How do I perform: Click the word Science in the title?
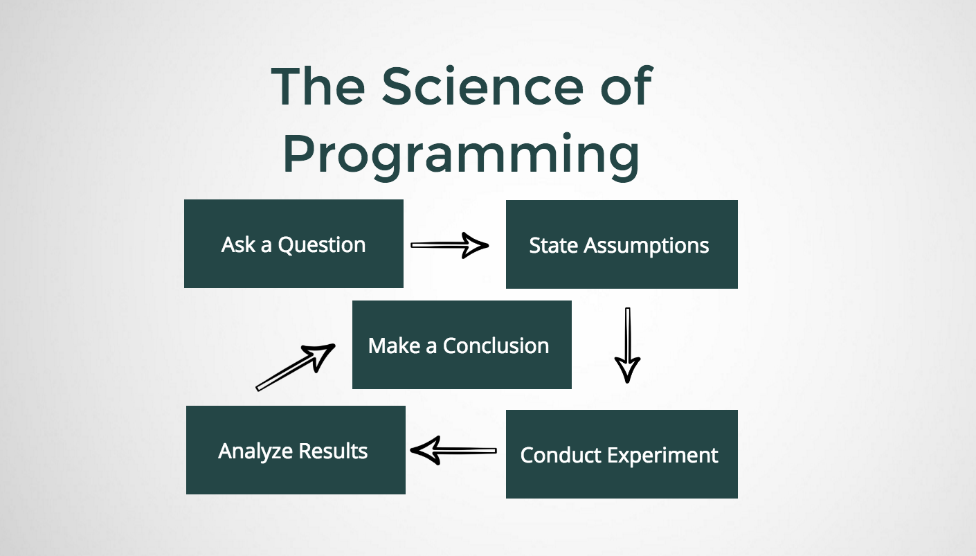click(x=482, y=86)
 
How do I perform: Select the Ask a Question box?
click(x=293, y=244)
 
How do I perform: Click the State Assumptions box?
click(x=622, y=244)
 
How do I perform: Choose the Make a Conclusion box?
click(x=462, y=345)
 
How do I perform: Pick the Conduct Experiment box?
click(x=622, y=454)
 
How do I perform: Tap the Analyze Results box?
click(x=296, y=450)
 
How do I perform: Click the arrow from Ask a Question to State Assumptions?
click(x=450, y=245)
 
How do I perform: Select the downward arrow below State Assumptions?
click(x=627, y=345)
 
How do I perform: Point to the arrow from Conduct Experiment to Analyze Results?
click(x=453, y=451)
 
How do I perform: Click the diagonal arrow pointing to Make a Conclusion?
click(x=296, y=368)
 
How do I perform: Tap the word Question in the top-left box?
click(x=322, y=245)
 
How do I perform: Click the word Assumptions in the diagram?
click(x=647, y=246)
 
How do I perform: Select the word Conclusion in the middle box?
click(x=496, y=346)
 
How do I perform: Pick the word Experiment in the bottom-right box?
click(x=662, y=456)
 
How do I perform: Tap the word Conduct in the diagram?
click(x=561, y=456)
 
